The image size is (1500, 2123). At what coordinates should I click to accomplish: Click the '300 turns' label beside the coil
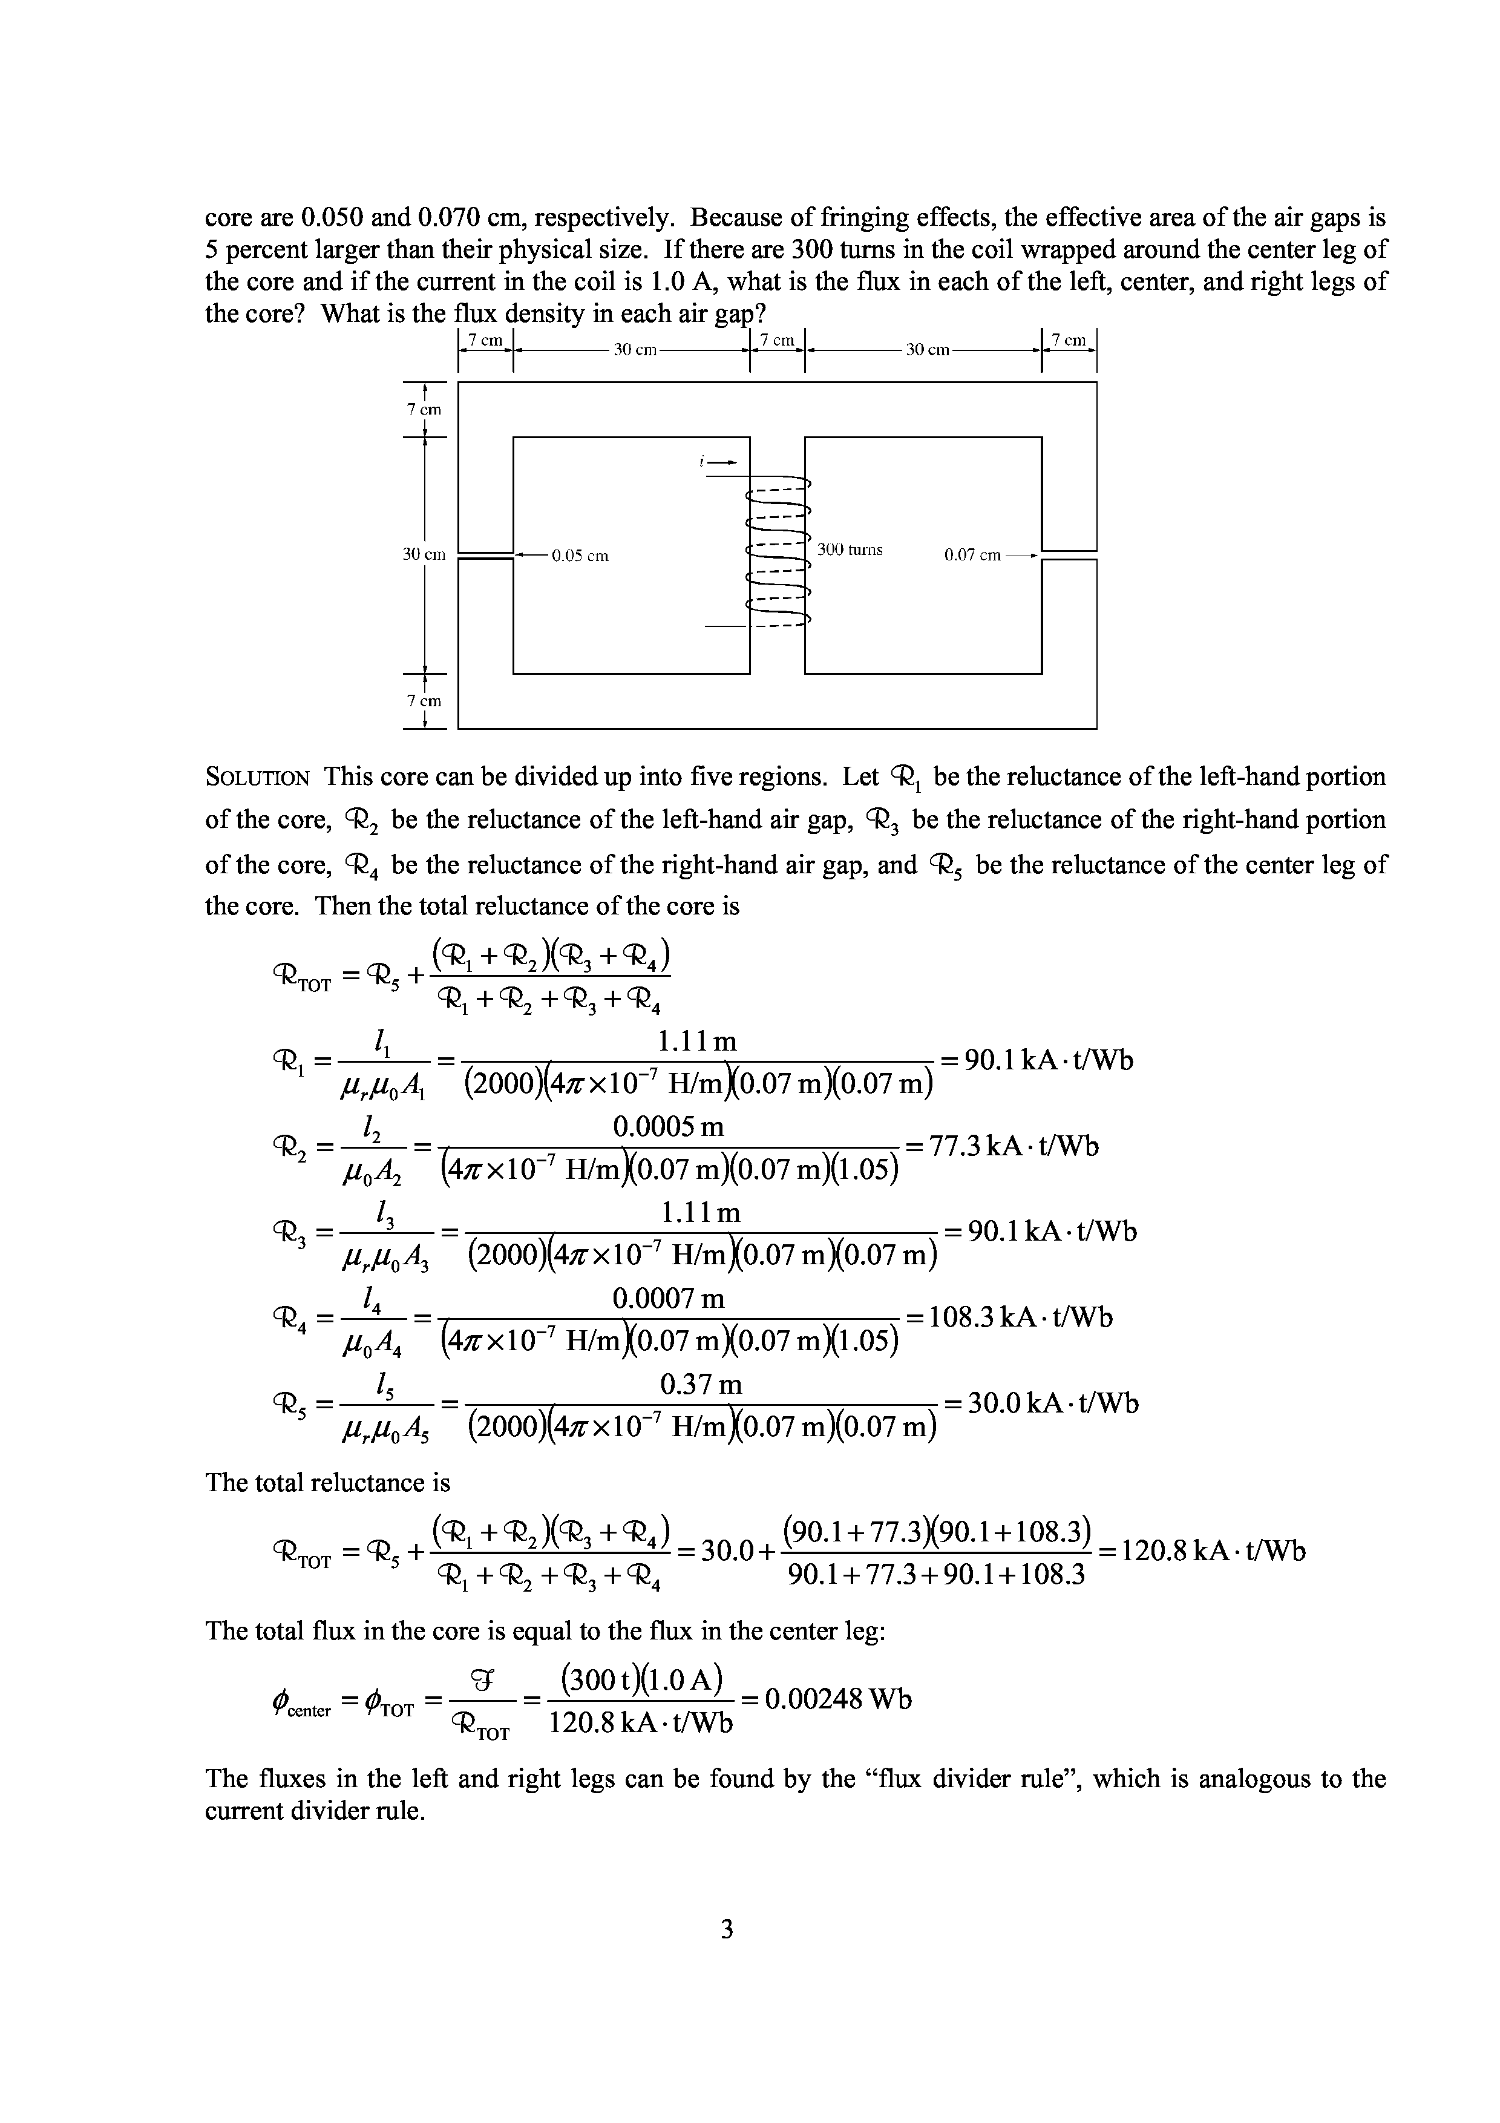[850, 550]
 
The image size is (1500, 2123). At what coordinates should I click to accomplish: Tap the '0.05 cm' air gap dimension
[580, 556]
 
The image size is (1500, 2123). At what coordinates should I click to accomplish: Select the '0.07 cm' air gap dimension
[972, 556]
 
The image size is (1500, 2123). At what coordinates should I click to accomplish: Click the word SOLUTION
[257, 778]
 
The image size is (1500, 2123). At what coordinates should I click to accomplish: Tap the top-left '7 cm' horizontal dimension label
[485, 340]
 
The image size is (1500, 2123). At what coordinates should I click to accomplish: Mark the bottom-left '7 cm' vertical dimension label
[424, 701]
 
